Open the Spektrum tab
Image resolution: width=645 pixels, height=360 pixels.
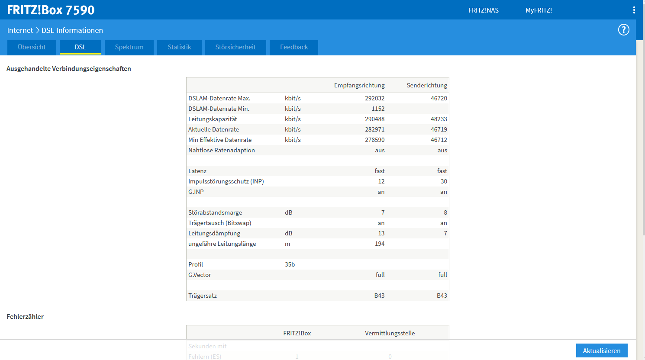pos(129,47)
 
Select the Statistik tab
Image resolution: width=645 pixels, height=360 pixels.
pos(179,47)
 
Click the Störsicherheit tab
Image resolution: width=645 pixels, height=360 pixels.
pos(235,47)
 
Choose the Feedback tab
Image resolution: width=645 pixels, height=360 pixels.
pos(294,47)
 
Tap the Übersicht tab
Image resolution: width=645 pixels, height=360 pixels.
pos(32,47)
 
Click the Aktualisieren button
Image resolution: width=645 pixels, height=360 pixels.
pos(602,350)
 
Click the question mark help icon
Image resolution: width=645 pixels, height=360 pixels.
pos(623,30)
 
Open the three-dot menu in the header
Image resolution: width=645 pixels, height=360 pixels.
pos(634,10)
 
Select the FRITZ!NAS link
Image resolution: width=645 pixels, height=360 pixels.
pos(483,10)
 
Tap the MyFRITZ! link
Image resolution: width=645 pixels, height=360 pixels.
pos(539,10)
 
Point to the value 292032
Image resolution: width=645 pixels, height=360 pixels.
pos(374,98)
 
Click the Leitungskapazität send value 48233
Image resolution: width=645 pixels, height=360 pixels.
pos(439,119)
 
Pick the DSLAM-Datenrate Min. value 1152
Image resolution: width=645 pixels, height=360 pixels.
pos(378,109)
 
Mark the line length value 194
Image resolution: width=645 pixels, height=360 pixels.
pos(380,244)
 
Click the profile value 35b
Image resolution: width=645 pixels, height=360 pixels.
pos(290,264)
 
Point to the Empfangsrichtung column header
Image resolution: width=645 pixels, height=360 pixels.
pos(359,86)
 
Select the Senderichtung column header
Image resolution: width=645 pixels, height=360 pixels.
pos(427,86)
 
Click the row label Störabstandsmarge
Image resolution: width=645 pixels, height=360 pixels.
pos(215,212)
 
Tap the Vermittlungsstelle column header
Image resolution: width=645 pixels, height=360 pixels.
pos(390,333)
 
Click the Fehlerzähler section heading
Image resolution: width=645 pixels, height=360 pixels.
pos(25,317)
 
